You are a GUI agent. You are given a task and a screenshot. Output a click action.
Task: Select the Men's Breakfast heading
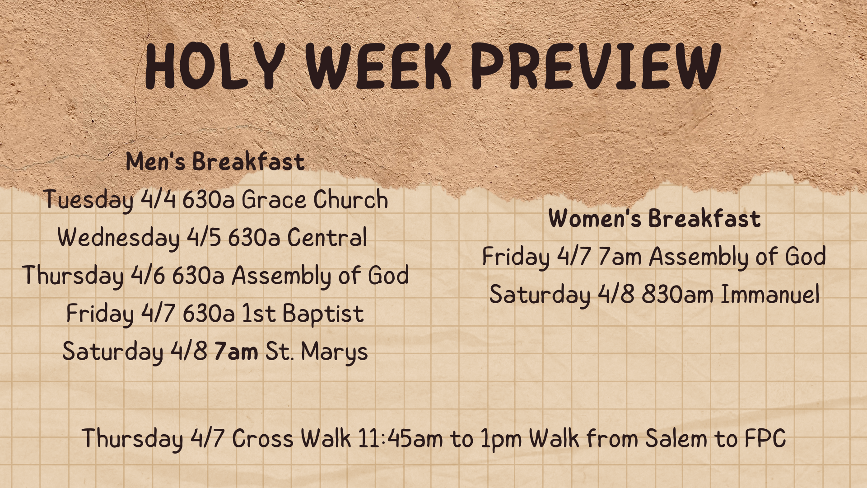coord(215,161)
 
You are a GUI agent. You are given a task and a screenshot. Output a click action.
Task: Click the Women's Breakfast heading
coord(654,218)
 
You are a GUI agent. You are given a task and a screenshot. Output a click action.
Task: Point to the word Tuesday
coord(89,200)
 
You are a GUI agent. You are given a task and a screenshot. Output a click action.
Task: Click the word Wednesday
coord(118,238)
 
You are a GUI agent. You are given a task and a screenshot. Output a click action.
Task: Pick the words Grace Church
coord(315,199)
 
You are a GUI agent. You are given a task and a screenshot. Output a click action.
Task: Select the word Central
coord(327,237)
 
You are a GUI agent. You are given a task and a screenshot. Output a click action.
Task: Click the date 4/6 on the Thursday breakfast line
coord(148,275)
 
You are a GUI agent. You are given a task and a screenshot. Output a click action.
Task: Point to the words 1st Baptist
coord(303,313)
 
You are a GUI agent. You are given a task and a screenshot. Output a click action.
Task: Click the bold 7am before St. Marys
coord(236,352)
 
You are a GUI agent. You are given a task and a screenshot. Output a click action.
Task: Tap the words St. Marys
coord(317,352)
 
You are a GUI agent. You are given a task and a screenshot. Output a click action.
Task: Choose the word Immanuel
coord(770,294)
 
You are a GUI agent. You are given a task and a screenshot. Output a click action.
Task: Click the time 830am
coord(678,295)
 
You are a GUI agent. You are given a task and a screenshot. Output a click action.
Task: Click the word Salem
coord(676,438)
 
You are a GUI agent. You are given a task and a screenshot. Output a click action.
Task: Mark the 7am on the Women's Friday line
coord(620,257)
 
